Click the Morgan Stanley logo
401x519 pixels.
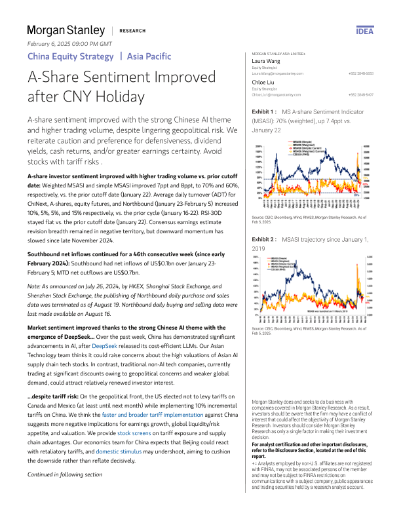click(66, 30)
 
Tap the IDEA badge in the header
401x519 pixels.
click(364, 31)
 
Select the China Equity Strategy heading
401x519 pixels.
click(69, 56)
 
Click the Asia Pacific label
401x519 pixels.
click(149, 56)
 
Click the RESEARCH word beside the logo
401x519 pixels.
click(132, 31)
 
